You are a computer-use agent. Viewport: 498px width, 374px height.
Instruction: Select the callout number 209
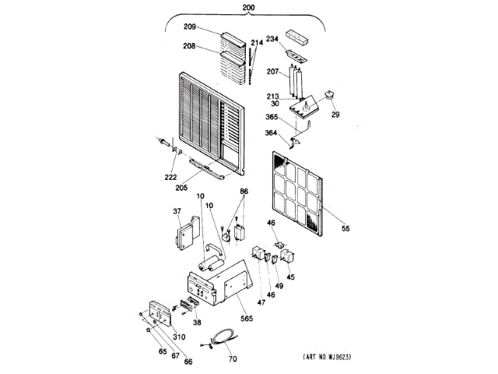190,27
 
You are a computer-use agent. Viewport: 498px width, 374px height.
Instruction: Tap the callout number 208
188,47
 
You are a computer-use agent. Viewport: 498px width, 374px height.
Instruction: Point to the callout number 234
272,39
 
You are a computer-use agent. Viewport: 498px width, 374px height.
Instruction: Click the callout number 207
273,72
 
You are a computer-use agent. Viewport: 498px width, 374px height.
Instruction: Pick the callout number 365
272,117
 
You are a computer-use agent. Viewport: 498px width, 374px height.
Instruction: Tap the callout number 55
346,228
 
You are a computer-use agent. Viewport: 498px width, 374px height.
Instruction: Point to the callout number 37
177,210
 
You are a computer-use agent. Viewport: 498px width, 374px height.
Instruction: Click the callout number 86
244,191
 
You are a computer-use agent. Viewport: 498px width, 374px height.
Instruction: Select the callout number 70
233,359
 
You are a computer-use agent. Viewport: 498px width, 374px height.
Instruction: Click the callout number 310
180,337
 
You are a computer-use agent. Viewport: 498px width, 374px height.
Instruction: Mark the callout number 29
335,115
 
